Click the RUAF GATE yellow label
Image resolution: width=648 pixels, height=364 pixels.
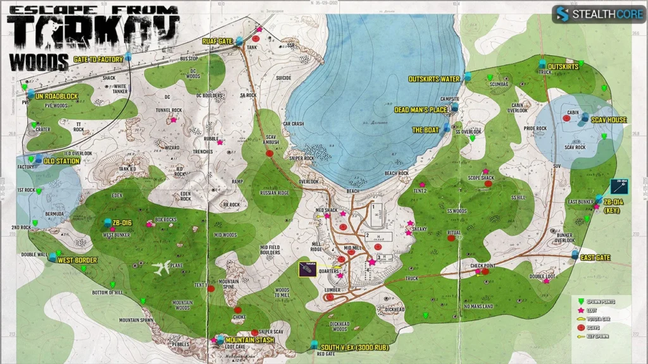218,41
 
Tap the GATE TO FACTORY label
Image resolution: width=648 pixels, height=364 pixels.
97,59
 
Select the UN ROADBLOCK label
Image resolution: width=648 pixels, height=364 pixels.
56,97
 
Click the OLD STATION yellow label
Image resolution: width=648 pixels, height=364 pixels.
62,161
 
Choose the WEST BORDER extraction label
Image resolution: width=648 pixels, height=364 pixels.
77,260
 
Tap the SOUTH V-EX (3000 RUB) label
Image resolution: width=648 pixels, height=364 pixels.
354,348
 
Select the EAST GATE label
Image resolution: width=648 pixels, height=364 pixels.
595,258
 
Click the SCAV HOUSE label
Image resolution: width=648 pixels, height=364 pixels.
609,119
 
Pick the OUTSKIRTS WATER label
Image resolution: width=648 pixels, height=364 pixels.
433,79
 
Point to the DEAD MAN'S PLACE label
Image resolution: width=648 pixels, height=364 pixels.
421,110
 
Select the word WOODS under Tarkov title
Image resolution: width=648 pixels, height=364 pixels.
39,62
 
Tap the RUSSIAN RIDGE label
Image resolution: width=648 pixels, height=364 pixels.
275,193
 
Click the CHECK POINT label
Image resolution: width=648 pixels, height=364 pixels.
482,266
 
